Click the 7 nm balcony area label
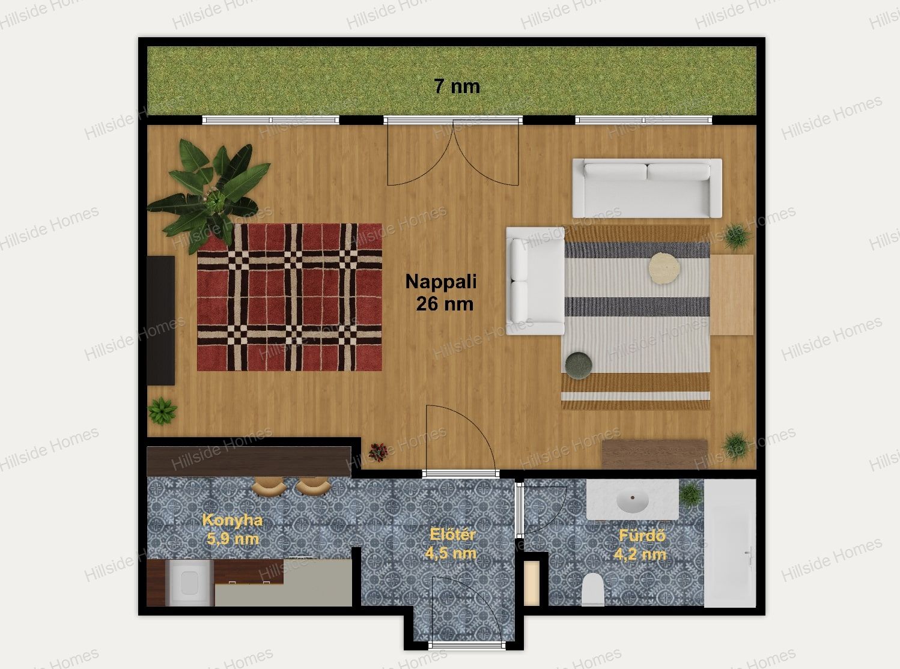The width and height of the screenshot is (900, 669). point(457,86)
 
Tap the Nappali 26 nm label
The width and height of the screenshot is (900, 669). point(442,292)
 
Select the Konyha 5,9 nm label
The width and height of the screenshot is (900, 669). point(233,529)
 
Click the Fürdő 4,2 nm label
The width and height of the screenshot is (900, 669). point(640,545)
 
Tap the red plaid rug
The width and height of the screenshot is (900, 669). point(290,297)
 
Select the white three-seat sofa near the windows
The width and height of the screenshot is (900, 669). point(647,188)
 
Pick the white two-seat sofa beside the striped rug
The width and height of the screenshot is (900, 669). point(535,280)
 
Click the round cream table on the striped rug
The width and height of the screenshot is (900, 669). point(664,268)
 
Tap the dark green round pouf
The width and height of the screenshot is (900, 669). point(579,366)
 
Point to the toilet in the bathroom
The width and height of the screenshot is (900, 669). point(593,590)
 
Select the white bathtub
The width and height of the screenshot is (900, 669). point(730,543)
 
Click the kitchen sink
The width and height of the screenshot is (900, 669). point(189,583)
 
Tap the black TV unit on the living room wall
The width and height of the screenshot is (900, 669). point(160,321)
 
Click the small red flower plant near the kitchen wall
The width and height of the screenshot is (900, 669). point(378,452)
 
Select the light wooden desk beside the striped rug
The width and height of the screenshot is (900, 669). point(732,295)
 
